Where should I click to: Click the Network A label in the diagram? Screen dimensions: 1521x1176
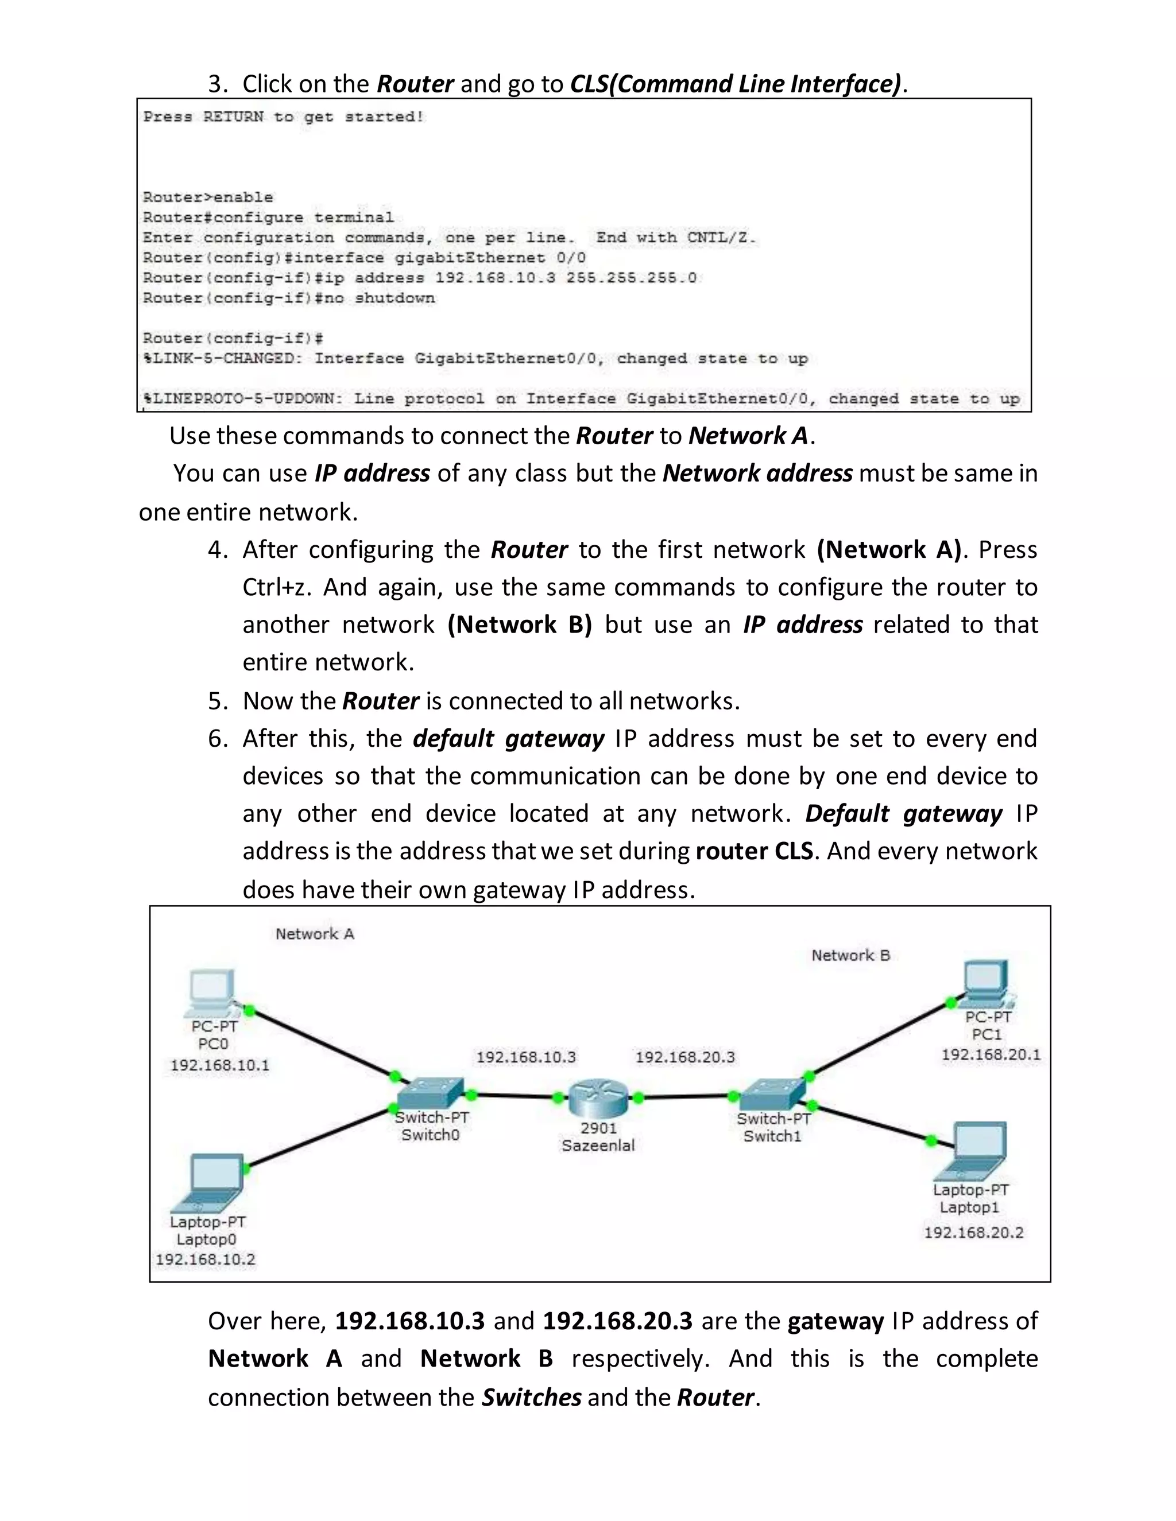315,934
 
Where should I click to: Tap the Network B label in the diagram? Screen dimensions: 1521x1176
850,956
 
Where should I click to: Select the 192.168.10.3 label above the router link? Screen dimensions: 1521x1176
526,1057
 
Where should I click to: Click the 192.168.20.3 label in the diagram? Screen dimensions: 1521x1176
685,1057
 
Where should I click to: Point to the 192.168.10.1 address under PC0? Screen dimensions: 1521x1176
219,1065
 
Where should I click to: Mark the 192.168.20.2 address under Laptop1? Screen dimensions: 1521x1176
973,1233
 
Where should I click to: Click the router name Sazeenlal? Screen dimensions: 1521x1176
598,1146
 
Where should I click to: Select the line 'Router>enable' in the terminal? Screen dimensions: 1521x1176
208,197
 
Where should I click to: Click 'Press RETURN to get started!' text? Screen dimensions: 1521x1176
284,117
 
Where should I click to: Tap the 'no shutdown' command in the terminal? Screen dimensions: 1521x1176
394,298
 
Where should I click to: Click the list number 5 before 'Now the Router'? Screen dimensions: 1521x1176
218,701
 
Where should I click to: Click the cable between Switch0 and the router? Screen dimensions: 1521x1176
514,1096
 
